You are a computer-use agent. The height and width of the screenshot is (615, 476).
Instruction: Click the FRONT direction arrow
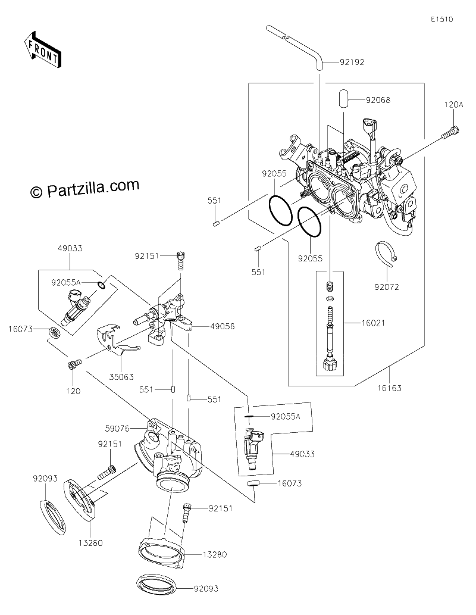(x=42, y=49)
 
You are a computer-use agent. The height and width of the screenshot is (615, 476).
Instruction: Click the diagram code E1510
(x=441, y=19)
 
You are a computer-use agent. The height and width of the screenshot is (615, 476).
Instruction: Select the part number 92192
(x=352, y=62)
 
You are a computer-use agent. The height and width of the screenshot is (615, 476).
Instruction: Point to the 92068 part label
(x=378, y=100)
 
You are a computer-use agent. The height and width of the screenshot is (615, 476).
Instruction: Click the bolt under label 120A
(x=451, y=132)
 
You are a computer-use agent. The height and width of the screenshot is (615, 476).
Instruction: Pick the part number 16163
(x=389, y=388)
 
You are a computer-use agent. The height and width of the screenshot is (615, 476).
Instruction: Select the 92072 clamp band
(x=386, y=255)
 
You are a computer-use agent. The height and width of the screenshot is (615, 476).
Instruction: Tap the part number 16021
(x=373, y=323)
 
